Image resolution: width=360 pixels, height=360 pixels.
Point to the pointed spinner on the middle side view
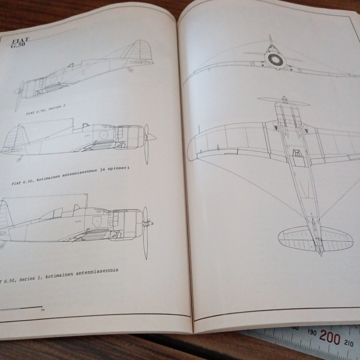point(153,137)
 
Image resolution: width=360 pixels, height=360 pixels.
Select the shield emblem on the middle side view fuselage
point(104,135)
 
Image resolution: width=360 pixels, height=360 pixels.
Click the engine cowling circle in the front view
point(274,60)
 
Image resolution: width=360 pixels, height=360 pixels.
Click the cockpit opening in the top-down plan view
point(297,153)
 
